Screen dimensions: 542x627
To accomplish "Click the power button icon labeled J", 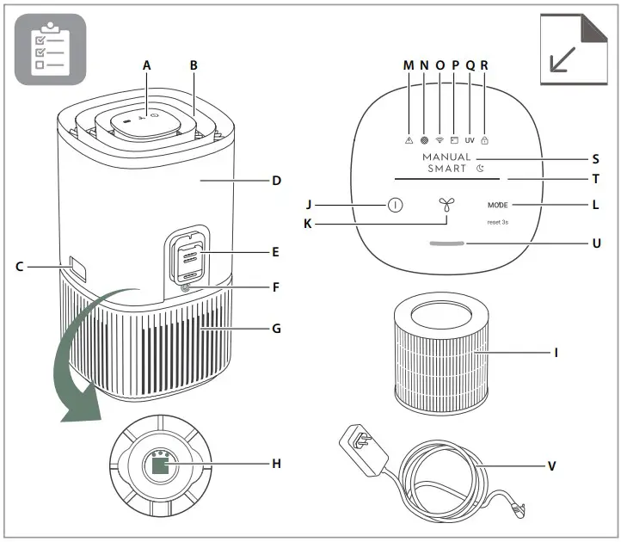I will (x=394, y=206).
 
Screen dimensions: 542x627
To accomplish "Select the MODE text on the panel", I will (x=498, y=206).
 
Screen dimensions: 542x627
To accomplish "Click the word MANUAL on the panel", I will (x=446, y=157).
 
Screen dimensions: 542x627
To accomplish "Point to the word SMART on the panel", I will (x=446, y=169).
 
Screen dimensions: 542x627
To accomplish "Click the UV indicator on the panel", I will (x=470, y=139).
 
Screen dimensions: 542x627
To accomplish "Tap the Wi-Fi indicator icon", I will (x=439, y=139).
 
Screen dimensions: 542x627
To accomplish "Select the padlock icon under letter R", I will (x=484, y=139).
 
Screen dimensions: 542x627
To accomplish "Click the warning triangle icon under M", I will (x=409, y=139).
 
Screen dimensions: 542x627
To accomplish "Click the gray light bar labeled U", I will (x=446, y=243).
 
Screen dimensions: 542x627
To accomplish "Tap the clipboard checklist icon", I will (x=50, y=49).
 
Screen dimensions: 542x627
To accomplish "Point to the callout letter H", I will (x=276, y=464).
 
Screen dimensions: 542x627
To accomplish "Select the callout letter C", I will (x=19, y=267).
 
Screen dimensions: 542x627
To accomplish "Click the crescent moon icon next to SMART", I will (x=480, y=169).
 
